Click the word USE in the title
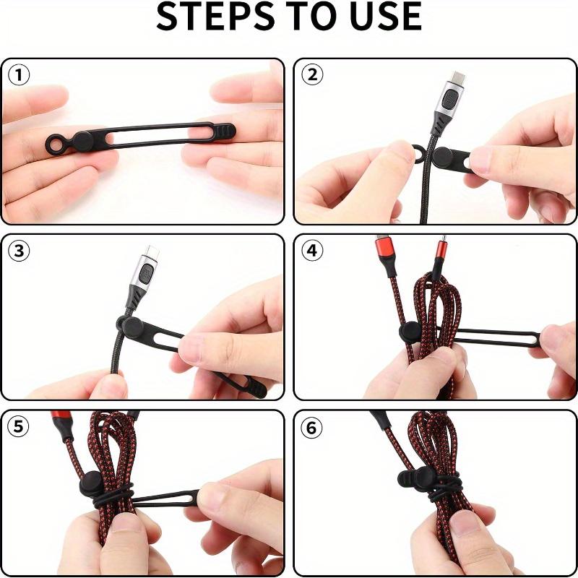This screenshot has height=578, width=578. [382, 17]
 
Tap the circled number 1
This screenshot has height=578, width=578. [20, 75]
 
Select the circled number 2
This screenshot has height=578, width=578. [312, 75]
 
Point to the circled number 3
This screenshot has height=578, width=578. [20, 251]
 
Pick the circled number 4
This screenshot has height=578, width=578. [312, 251]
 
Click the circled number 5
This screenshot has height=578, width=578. [20, 427]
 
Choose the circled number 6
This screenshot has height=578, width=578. [312, 427]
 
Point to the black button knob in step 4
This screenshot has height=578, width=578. [410, 334]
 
